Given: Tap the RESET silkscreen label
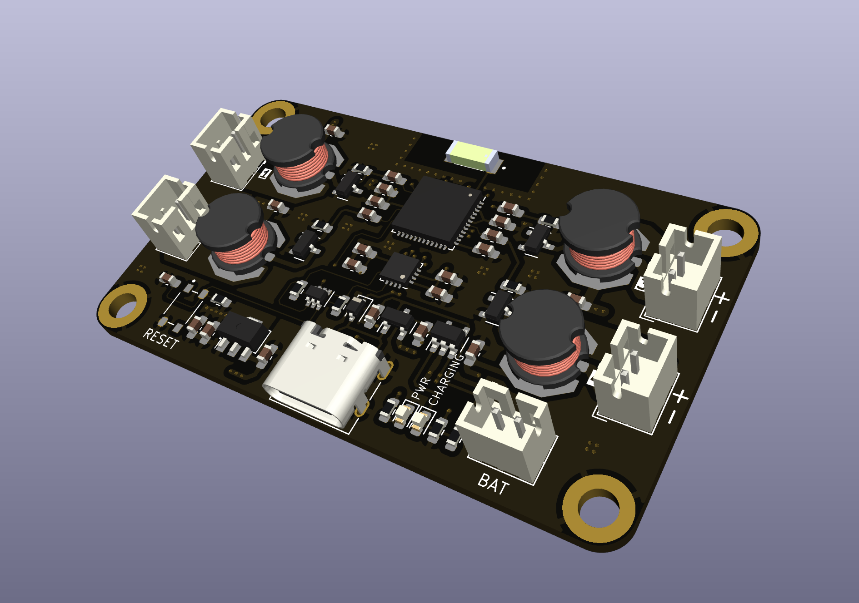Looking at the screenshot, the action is pyautogui.click(x=161, y=338).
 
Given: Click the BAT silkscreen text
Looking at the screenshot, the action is pyautogui.click(x=494, y=484).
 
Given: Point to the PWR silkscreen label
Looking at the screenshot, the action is pyautogui.click(x=420, y=389).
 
